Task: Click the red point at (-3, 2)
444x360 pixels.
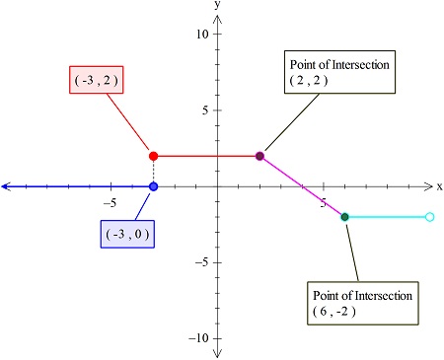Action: coord(153,156)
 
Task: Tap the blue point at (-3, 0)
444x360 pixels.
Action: coord(153,186)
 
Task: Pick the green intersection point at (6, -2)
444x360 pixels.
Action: coord(344,216)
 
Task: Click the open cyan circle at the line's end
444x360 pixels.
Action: coord(429,216)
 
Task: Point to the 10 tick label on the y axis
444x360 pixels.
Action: coord(202,35)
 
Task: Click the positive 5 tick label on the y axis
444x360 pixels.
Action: coord(205,110)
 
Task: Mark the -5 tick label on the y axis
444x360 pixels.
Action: coord(201,262)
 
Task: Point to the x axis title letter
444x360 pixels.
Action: coord(438,185)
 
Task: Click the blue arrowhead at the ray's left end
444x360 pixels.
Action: coord(7,186)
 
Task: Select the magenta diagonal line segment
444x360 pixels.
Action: coord(302,186)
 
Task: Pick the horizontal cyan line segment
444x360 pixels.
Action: coord(387,216)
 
